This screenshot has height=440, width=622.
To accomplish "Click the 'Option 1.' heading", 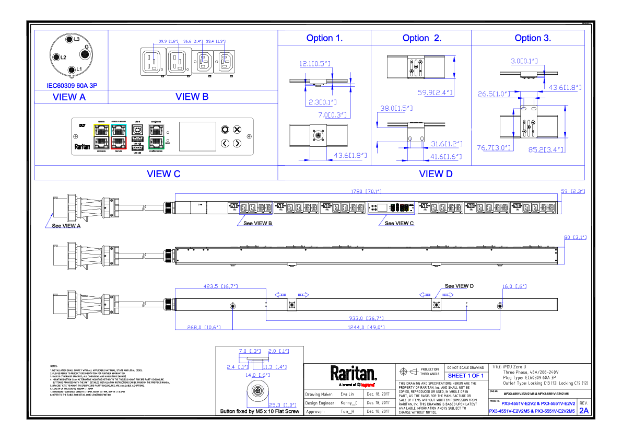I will (324, 38).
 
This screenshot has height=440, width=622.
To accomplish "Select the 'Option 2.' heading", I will (421, 38).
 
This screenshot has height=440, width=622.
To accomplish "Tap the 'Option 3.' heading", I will (533, 38).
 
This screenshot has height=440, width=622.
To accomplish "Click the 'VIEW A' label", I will (69, 97).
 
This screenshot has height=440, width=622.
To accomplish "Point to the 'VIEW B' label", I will (192, 97).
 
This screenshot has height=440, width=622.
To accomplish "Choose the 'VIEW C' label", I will (163, 174).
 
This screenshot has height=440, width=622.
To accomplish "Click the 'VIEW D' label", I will (436, 174).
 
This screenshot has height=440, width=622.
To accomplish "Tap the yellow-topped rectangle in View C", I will (101, 136).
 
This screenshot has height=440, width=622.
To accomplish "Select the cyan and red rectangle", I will (119, 136).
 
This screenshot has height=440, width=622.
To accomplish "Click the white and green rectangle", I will (156, 136).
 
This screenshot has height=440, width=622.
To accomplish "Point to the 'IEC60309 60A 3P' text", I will (72, 86).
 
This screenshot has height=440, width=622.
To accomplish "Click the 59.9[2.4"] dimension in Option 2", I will (435, 92).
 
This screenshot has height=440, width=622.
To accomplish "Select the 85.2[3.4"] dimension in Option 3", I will (546, 150).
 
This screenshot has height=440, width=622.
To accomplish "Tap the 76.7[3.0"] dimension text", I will (494, 148).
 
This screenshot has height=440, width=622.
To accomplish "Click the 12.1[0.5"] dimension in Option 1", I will (314, 64).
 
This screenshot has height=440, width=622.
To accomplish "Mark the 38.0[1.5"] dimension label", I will (396, 108).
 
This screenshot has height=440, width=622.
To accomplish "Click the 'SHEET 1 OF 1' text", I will (465, 376).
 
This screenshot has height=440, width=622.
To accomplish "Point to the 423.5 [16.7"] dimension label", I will (220, 286).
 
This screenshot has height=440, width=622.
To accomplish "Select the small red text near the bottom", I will (367, 385).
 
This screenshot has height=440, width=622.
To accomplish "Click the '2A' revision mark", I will (584, 411).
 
